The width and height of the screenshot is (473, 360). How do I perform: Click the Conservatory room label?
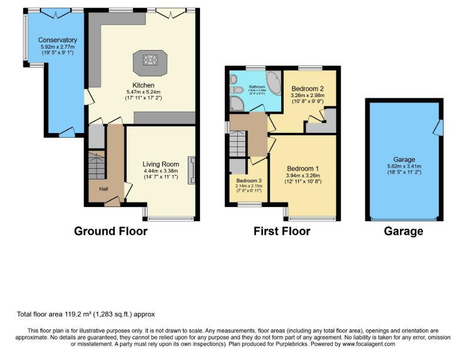coord(58,40)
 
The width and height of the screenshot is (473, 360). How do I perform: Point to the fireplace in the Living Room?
coord(191,170)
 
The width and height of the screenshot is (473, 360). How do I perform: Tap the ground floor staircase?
coord(96,164)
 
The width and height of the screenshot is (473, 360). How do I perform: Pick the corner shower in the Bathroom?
coord(236,104)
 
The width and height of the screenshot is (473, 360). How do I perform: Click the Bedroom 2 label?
coord(308,88)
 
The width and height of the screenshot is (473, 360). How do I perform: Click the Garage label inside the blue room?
coord(404,159)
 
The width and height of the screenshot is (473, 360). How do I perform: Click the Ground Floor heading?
coord(111,231)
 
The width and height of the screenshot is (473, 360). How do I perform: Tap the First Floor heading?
coord(282,231)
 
